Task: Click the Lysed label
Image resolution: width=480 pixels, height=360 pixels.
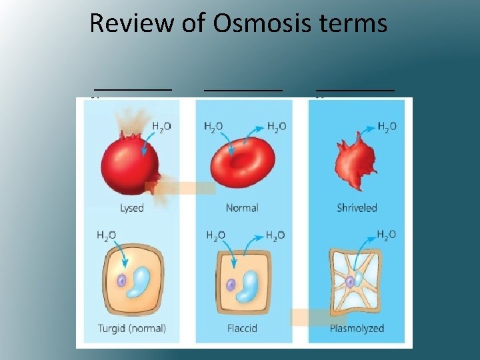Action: [131, 207]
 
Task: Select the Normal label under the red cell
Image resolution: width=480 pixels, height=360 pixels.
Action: [242, 207]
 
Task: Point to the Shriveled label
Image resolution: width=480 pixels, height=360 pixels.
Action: [357, 207]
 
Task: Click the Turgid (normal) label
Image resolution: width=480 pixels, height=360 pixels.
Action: [131, 328]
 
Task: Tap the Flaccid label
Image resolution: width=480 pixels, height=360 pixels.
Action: [242, 328]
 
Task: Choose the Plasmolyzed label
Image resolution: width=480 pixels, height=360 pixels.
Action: [357, 328]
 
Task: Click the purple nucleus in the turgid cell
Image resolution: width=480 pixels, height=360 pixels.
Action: [122, 281]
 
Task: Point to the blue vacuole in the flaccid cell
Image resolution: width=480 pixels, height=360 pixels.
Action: [248, 284]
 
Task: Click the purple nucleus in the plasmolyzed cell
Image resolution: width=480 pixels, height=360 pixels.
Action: [350, 282]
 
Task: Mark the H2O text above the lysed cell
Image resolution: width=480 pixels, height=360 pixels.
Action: [161, 126]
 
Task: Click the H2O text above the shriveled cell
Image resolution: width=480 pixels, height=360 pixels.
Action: [387, 126]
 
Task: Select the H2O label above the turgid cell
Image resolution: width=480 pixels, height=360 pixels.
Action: [107, 235]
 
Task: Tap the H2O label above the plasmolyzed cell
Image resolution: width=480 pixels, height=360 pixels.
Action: [386, 235]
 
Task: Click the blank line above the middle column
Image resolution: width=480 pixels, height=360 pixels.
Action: [243, 88]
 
